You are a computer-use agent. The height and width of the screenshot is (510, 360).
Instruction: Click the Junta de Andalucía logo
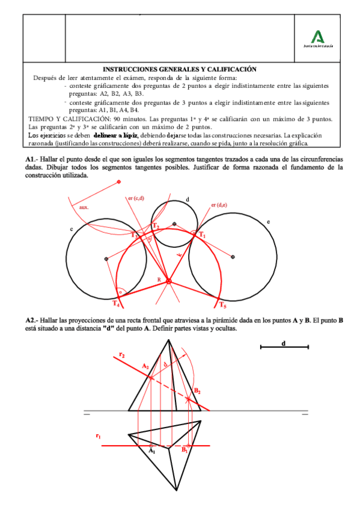318,37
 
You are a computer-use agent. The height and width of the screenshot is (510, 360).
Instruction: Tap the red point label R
160,281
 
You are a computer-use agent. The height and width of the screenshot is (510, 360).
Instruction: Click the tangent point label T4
116,303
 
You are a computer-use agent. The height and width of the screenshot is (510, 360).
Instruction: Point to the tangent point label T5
223,304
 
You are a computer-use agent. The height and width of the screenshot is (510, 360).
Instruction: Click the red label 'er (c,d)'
136,199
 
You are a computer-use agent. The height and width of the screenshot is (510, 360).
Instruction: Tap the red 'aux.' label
84,207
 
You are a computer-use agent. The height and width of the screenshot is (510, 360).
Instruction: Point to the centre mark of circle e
233,257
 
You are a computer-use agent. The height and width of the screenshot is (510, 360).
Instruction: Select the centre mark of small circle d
174,224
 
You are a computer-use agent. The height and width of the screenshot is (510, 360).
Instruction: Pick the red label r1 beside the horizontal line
98,434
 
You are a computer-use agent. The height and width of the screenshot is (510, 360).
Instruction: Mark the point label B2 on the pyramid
197,391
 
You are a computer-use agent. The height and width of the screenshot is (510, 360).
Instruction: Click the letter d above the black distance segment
283,343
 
